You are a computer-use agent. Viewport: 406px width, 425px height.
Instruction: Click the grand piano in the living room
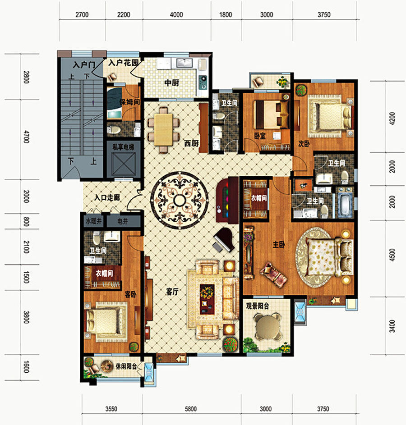224,240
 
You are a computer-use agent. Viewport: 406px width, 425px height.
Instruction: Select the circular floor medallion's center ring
179,201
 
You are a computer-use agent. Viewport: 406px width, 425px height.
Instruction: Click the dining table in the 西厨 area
164,130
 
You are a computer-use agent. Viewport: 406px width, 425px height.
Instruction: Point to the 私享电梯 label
124,147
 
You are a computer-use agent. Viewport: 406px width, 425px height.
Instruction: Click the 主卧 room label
279,244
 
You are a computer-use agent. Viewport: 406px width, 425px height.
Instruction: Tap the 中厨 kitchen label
172,82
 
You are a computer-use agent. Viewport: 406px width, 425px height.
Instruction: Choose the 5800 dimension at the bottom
191,409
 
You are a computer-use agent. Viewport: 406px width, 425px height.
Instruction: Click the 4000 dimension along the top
176,14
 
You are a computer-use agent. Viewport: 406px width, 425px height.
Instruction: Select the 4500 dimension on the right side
392,255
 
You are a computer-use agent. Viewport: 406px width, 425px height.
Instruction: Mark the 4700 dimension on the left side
26,137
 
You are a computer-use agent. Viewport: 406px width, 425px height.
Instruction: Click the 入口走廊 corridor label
107,197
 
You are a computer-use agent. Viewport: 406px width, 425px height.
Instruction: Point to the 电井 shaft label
123,221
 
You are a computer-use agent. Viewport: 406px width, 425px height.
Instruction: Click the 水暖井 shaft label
94,221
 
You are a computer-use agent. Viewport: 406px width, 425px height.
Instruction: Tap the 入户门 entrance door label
84,65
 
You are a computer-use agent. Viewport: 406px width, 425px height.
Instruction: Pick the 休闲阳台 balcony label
126,366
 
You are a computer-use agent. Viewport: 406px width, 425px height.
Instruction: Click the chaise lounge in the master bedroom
274,274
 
